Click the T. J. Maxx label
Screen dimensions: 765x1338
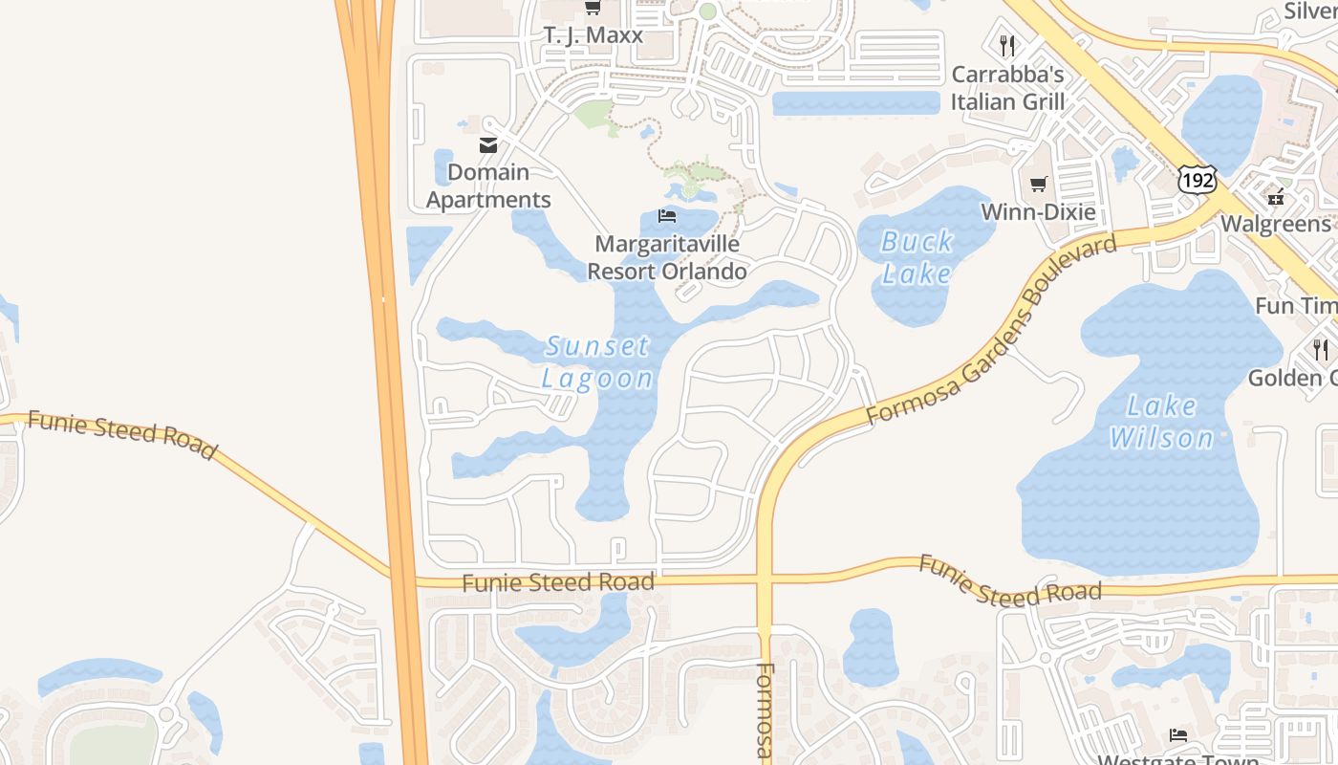pyautogui.click(x=593, y=35)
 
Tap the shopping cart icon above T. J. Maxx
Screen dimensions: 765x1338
pyautogui.click(x=593, y=9)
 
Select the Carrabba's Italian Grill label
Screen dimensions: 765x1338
pyautogui.click(x=1007, y=87)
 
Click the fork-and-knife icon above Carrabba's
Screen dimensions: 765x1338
pyautogui.click(x=1005, y=44)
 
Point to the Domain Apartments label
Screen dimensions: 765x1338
pyautogui.click(x=488, y=186)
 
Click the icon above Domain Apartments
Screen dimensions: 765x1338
pyautogui.click(x=488, y=145)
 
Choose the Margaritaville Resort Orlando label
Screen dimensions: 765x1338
pyautogui.click(x=667, y=257)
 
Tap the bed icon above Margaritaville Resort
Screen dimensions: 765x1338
pyautogui.click(x=667, y=216)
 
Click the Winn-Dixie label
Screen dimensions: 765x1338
pyautogui.click(x=1038, y=211)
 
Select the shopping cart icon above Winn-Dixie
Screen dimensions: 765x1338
pyautogui.click(x=1038, y=184)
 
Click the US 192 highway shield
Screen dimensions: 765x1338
pyautogui.click(x=1197, y=180)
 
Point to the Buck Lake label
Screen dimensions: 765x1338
pyautogui.click(x=917, y=257)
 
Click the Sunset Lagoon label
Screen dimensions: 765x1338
pyautogui.click(x=597, y=361)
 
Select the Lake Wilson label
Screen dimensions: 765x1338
pyautogui.click(x=1161, y=422)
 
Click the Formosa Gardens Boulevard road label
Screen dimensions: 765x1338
pyautogui.click(x=991, y=331)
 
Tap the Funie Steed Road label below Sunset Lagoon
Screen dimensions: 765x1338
pyautogui.click(x=558, y=581)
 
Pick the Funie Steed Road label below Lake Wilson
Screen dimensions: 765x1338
pyautogui.click(x=1009, y=581)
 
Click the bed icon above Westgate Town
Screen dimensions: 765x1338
pyautogui.click(x=1178, y=735)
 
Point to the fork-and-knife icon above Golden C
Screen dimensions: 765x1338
pyautogui.click(x=1320, y=349)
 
